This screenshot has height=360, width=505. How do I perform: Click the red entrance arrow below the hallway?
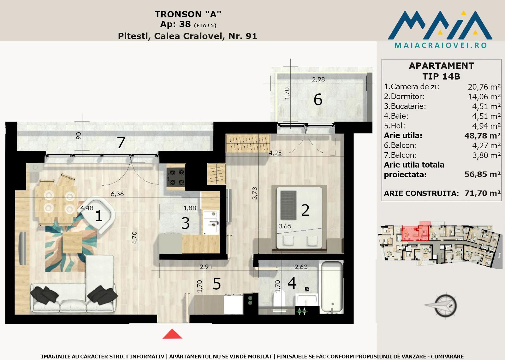point(172,334)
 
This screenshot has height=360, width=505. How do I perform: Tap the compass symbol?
point(442,306)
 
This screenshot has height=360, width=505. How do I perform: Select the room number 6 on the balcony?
point(318,100)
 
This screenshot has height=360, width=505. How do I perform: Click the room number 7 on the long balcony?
point(121,142)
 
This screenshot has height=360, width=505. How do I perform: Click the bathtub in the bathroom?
point(332,287)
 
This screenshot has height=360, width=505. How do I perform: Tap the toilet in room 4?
point(279,301)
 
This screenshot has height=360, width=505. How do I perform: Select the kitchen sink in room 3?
point(211,222)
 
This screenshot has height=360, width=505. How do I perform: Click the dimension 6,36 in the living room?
point(117,194)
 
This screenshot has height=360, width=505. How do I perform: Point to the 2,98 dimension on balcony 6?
point(318,79)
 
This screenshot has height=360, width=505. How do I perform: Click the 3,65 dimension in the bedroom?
point(285,226)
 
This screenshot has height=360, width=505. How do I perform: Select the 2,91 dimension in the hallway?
point(206,267)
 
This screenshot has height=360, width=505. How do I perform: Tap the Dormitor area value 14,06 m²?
point(484,97)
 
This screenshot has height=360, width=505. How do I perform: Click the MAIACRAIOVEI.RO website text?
point(441,45)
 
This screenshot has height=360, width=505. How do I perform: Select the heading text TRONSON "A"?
point(188,14)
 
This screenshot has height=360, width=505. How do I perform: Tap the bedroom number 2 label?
point(305,210)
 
